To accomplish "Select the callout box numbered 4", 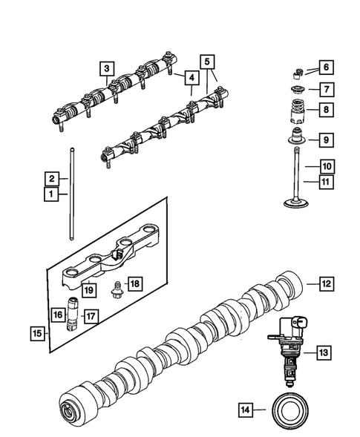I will coord(191,77).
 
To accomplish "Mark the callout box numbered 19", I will coord(88,290).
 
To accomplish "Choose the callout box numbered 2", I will coord(52,179).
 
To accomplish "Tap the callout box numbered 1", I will coord(52,195).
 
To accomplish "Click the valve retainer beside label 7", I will coord(297,91).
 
